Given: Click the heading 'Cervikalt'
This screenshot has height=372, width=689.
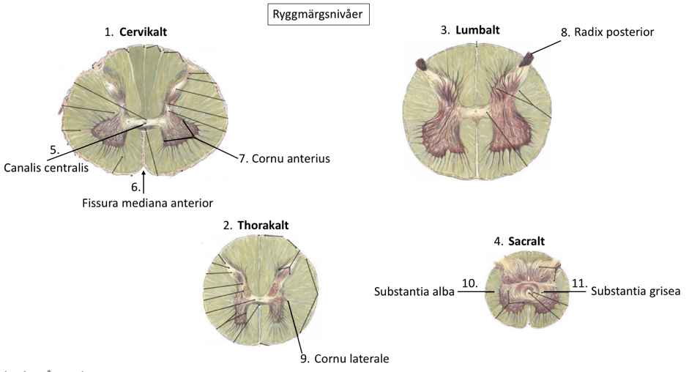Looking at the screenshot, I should (x=148, y=32).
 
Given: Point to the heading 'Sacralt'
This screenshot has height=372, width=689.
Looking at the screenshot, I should (x=526, y=241).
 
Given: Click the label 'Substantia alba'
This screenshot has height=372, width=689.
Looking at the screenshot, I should (x=414, y=291).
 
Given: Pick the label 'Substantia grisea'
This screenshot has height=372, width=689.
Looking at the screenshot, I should (x=636, y=291).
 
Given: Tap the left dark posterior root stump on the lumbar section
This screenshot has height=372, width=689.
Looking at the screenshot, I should (x=422, y=64).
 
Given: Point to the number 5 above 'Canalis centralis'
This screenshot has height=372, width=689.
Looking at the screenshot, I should (x=54, y=149).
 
